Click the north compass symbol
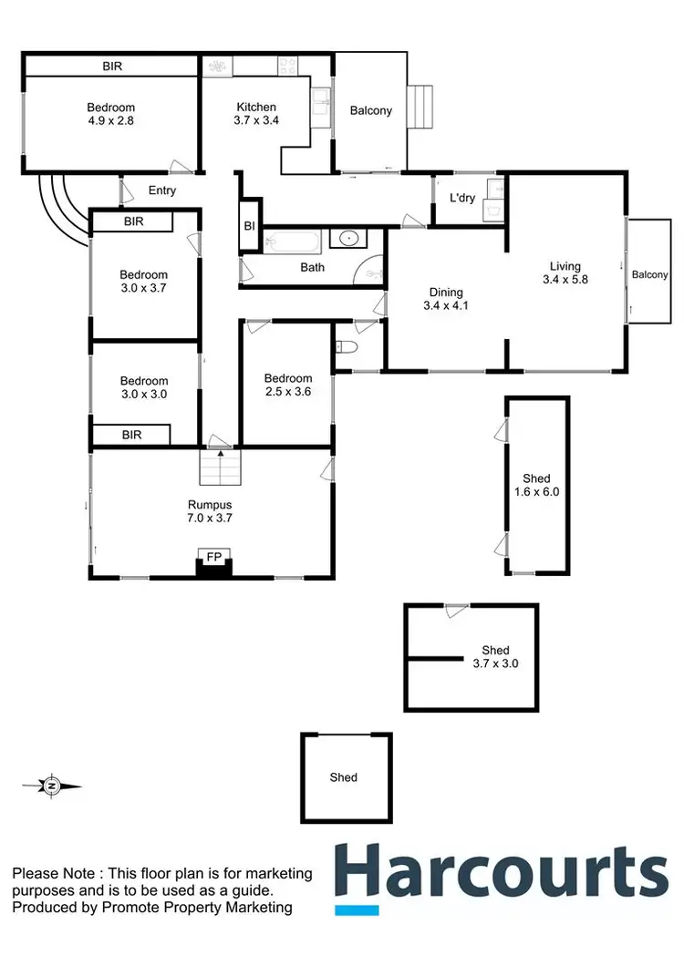pyautogui.click(x=52, y=785)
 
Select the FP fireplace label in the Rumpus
pyautogui.click(x=214, y=555)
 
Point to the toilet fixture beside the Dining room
pyautogui.click(x=345, y=347)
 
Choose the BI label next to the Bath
pyautogui.click(x=248, y=227)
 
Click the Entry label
pyautogui.click(x=161, y=190)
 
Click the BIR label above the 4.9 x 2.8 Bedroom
pyautogui.click(x=111, y=67)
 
